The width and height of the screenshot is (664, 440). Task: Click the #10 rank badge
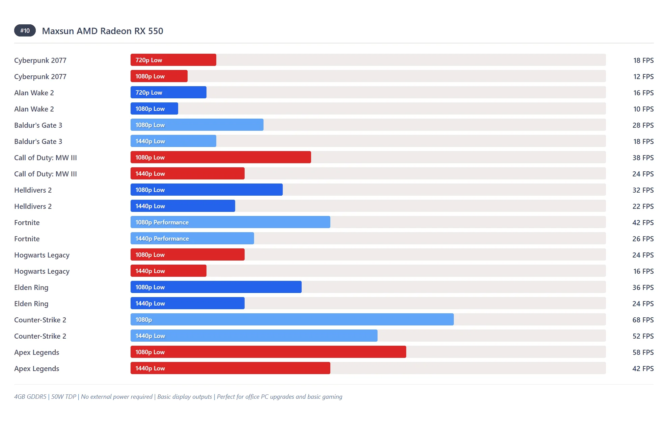tap(25, 31)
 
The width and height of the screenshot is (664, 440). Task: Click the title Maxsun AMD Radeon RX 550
tap(102, 31)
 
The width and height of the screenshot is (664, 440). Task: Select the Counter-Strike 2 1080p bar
tap(292, 319)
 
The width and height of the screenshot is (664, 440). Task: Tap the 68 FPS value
tap(643, 320)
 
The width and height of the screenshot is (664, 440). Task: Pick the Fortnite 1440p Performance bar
tap(192, 238)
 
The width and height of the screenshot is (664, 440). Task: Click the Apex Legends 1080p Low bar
tap(268, 352)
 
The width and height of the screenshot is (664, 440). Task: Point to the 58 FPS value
tap(643, 352)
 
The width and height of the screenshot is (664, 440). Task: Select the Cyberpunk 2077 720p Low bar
tap(173, 60)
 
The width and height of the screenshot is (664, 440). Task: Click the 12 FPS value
tap(643, 76)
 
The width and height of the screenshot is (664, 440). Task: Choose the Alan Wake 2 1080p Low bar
tap(154, 108)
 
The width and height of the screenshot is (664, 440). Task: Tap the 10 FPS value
tap(643, 109)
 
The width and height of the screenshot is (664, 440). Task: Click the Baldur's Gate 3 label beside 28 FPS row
tap(38, 125)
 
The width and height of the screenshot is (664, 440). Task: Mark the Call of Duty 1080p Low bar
tap(221, 157)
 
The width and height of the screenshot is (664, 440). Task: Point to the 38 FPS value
tap(643, 157)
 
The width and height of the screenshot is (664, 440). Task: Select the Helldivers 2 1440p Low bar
tap(183, 206)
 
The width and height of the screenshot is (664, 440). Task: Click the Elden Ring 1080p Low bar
tap(216, 287)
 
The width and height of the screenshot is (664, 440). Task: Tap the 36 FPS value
tap(643, 287)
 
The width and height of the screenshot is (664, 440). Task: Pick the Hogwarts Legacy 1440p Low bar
tap(168, 271)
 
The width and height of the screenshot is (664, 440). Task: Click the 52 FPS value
tap(643, 336)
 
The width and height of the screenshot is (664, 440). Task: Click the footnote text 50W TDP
tap(63, 396)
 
